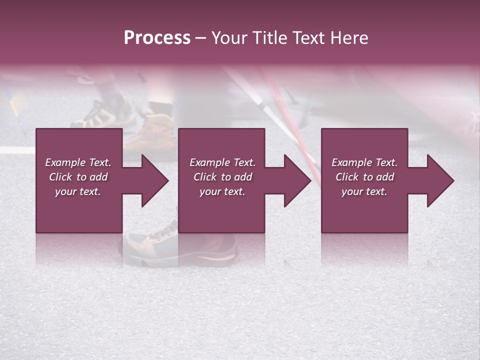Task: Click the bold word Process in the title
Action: click(157, 38)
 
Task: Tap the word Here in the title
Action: click(350, 38)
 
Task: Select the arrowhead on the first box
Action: click(150, 180)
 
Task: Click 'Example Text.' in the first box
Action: click(78, 162)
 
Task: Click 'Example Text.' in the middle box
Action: click(222, 162)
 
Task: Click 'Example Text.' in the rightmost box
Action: click(364, 162)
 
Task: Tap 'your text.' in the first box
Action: click(78, 191)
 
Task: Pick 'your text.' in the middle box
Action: click(222, 191)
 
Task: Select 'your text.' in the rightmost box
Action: click(364, 191)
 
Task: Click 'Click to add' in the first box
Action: click(78, 177)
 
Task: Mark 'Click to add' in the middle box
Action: click(222, 177)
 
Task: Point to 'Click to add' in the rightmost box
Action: click(364, 177)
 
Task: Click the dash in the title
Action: click(200, 38)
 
